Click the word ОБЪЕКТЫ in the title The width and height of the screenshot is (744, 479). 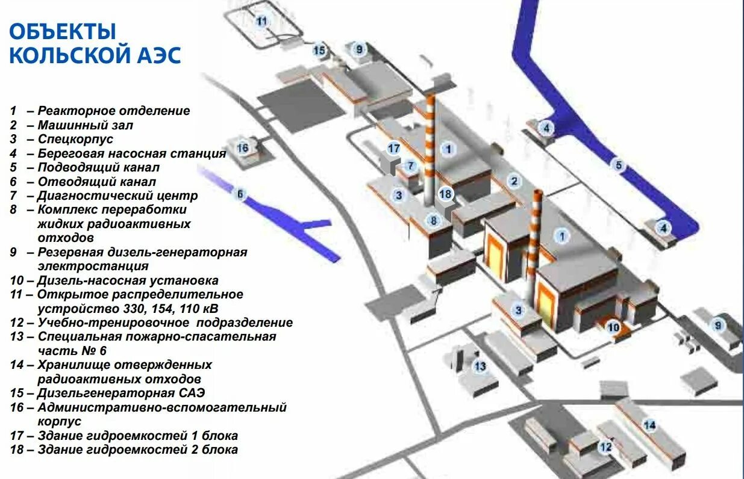coord(63,31)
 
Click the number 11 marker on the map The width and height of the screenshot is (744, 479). coord(261,21)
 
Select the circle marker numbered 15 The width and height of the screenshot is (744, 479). coord(319,51)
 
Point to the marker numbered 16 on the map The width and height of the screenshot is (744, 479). coord(243,147)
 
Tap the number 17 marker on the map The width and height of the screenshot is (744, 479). coord(394,148)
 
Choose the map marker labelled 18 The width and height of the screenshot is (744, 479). coord(445,194)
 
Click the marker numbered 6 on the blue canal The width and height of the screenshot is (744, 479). coord(240,194)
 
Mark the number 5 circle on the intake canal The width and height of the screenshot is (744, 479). coord(617,164)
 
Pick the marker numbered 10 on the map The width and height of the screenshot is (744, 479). coord(613,328)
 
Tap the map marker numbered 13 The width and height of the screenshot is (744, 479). coord(480,366)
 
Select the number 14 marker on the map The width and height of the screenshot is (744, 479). coord(649,425)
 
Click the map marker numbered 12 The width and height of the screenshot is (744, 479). coord(605,447)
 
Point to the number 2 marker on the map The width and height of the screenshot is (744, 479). coord(514,181)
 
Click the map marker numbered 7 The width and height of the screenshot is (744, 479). coord(411,165)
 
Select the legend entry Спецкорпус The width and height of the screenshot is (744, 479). coord(75,140)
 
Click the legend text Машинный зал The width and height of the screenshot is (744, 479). coord(85,126)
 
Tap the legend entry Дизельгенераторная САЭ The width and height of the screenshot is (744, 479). coord(121,394)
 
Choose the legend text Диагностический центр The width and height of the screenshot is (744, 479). coord(117,196)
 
